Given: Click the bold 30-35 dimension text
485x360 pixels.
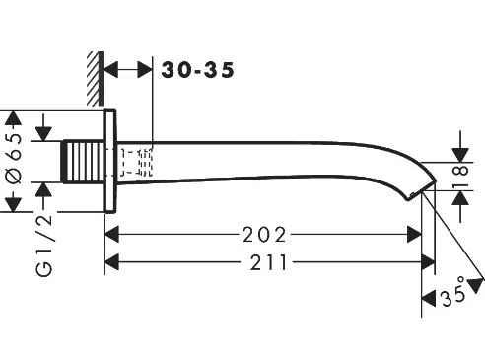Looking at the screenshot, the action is [197, 70].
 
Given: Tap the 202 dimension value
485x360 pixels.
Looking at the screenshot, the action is [264, 235].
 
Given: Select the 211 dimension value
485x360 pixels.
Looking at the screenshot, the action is [269, 262].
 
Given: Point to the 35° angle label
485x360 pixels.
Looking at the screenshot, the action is [454, 292].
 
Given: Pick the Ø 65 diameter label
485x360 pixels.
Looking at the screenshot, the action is [14, 159].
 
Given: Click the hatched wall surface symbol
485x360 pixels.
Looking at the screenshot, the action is [96, 78].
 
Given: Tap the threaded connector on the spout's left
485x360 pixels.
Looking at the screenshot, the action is [83, 162].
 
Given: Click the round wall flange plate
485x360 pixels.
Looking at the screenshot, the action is [110, 162].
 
